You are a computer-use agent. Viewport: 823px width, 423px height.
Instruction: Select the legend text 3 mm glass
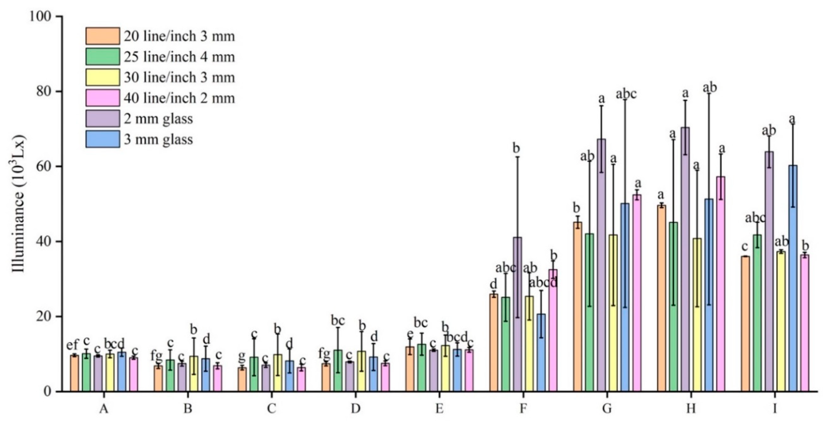[158, 140]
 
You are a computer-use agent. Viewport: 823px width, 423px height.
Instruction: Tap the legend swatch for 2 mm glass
[103, 119]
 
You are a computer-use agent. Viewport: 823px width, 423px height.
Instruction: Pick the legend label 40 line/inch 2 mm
[179, 98]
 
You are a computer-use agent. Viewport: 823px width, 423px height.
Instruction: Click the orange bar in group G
[578, 307]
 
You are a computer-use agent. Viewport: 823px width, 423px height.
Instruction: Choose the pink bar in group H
[721, 284]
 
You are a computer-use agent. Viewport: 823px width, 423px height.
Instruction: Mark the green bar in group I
[757, 313]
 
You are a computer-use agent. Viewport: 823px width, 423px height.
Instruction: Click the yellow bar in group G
[613, 313]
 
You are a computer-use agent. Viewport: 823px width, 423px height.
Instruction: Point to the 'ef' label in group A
[73, 345]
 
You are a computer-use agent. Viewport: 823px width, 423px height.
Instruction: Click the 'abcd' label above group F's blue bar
[543, 282]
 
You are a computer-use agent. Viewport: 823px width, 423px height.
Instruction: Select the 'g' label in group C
[242, 355]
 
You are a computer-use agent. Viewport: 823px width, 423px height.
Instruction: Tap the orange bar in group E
[410, 369]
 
